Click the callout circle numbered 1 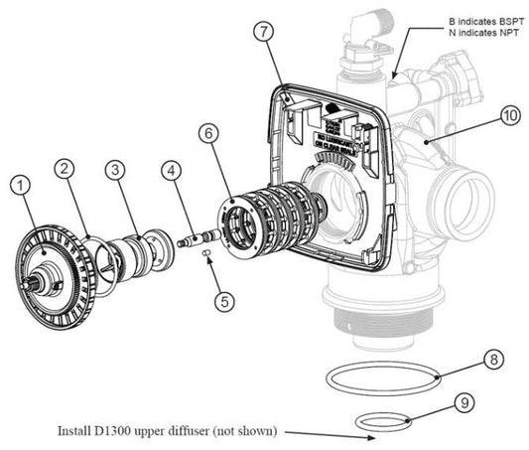click(21, 185)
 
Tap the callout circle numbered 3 click(116, 170)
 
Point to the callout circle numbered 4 click(173, 170)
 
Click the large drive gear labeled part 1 click(50, 262)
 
